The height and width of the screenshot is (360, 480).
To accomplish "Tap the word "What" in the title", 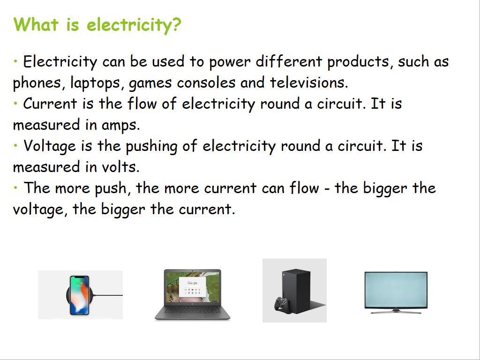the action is [x=36, y=24].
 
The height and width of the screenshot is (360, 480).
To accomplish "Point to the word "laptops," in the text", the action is [x=95, y=83].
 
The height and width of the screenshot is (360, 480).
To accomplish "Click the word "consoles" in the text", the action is [x=206, y=82].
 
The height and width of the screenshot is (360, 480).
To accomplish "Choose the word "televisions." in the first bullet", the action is [x=309, y=82].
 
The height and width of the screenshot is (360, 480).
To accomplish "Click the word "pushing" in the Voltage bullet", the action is [x=151, y=147].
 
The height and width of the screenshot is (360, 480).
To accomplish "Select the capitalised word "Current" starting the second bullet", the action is [x=50, y=104].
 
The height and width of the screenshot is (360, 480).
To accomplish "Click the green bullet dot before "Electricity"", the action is [x=15, y=61].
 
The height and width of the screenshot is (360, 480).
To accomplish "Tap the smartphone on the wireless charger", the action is [x=79, y=295].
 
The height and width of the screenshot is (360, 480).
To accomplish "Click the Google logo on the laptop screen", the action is [x=192, y=283].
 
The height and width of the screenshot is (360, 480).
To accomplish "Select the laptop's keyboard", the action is [x=192, y=310].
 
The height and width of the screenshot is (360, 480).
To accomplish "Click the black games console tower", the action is [x=296, y=290].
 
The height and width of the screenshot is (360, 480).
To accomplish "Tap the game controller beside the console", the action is [x=281, y=305].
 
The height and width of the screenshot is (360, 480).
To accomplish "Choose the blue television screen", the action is [x=396, y=290].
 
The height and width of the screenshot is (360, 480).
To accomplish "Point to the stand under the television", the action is [x=396, y=312].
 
